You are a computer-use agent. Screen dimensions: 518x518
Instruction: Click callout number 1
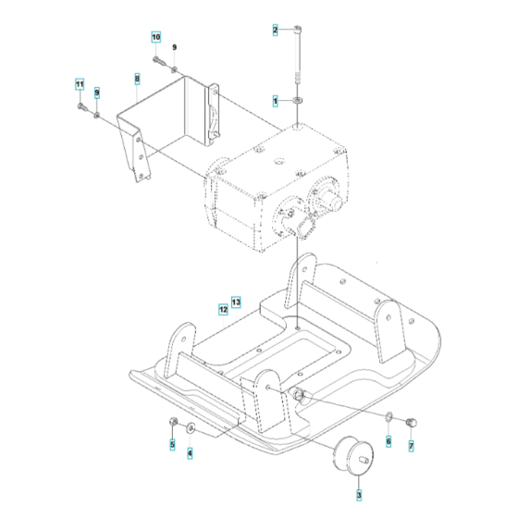(x=275, y=99)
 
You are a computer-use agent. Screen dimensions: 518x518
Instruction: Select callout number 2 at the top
(x=275, y=31)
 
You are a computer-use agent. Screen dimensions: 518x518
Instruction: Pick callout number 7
(x=412, y=446)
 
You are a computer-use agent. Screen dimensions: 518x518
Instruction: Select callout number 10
(x=156, y=37)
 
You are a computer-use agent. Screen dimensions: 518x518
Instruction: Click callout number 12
(x=223, y=309)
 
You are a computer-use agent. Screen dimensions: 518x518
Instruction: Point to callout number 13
(x=236, y=302)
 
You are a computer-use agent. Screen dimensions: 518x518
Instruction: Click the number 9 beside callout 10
(x=174, y=46)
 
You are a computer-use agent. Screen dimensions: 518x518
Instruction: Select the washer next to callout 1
(x=297, y=99)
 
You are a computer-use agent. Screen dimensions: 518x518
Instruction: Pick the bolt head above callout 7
(x=413, y=424)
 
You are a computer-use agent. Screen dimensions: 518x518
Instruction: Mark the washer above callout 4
(x=190, y=427)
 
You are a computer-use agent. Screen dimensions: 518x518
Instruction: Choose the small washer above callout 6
(x=389, y=425)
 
